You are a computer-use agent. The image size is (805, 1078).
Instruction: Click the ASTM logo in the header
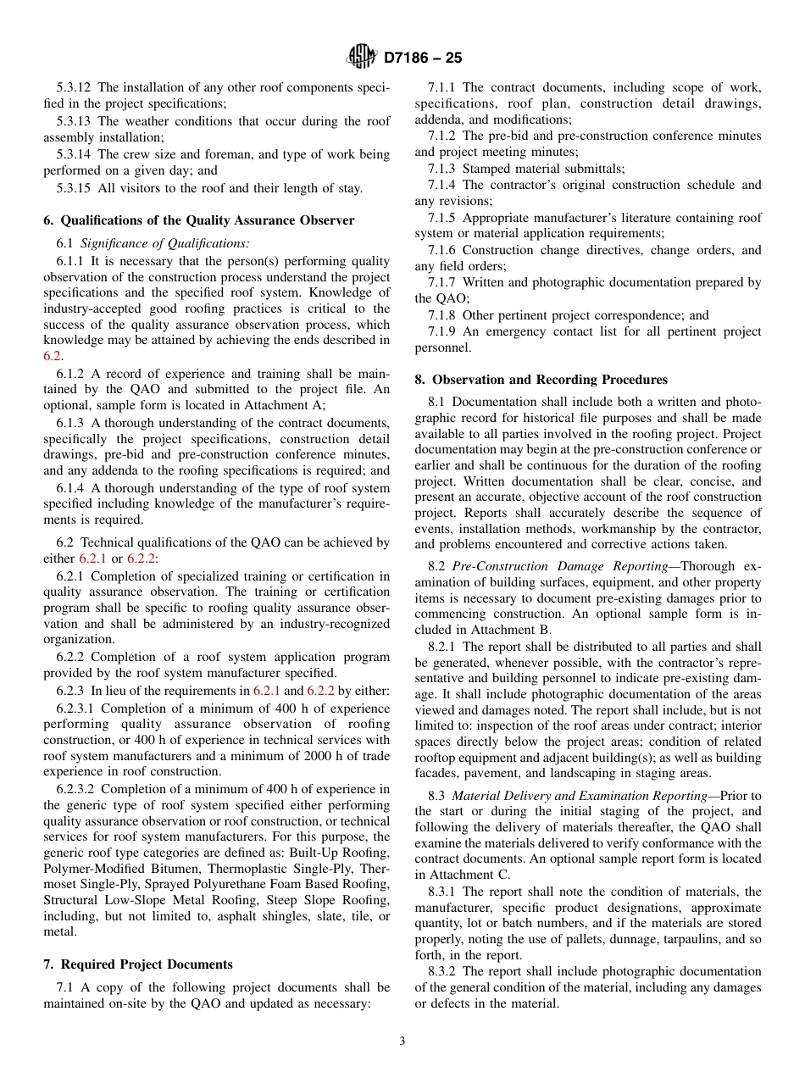tap(362, 58)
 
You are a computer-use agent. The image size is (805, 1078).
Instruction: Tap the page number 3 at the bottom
tap(402, 1042)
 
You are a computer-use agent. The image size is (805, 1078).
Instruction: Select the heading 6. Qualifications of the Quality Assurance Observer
tap(199, 220)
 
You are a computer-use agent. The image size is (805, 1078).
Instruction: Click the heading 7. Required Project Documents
tap(138, 964)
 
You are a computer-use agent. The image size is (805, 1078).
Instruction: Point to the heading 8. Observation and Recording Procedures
tap(541, 380)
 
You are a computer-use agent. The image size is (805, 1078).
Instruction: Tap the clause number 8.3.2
tap(444, 972)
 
